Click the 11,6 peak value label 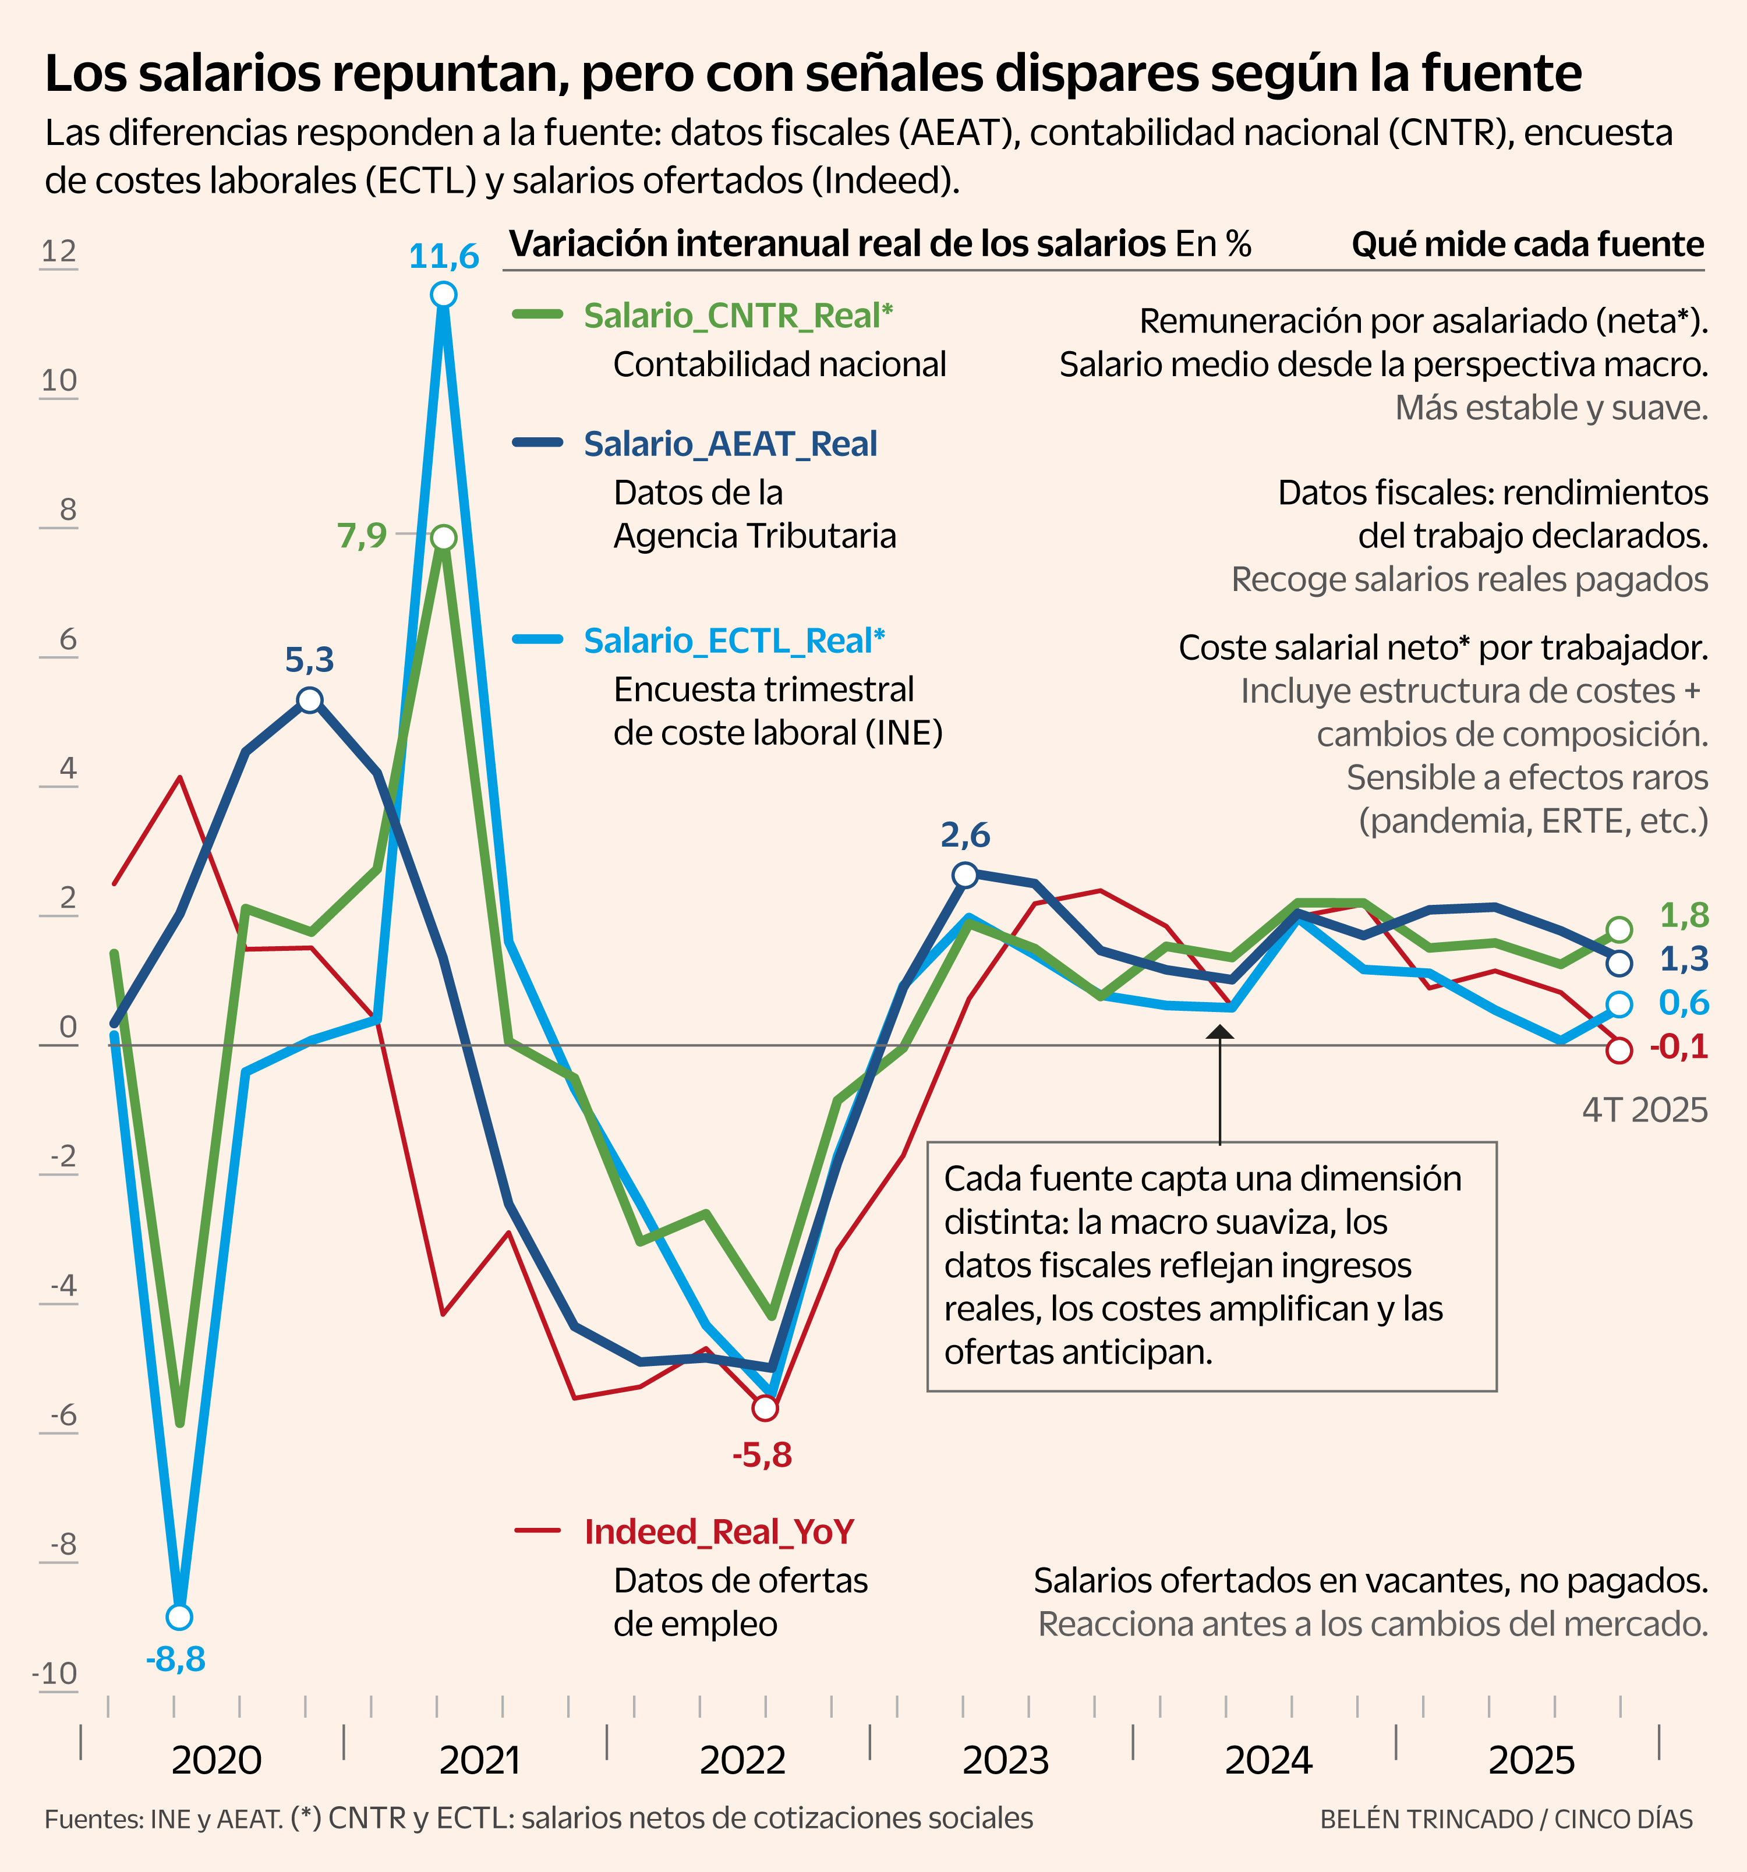444,256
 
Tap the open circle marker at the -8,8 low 179,1617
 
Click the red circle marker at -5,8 765,1408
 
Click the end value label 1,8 1683,915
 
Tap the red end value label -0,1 1678,1046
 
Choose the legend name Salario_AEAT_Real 730,444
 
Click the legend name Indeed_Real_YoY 719,1532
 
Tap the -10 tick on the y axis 55,1673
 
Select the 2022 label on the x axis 742,1760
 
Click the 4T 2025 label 1645,1111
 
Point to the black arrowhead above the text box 1219,1032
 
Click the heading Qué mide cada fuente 1527,245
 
